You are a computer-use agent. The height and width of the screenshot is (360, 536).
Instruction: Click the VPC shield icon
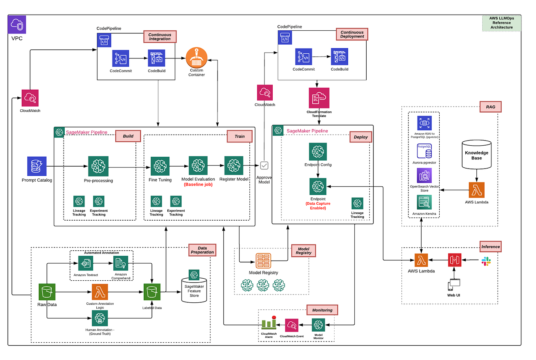[x=17, y=25]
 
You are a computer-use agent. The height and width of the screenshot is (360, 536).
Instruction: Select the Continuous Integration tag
[x=160, y=37]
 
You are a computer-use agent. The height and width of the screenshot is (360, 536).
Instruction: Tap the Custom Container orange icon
[x=196, y=58]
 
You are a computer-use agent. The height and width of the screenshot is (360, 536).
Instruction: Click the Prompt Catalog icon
[x=37, y=166]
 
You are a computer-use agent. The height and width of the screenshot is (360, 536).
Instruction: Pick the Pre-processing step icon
[x=98, y=166]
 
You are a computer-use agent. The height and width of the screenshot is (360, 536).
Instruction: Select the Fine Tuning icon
[x=160, y=166]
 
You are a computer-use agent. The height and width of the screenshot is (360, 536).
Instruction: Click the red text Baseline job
[x=198, y=185]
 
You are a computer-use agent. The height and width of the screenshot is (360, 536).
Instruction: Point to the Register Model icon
[x=234, y=166]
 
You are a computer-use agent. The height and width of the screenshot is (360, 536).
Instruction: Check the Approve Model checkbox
[x=264, y=165]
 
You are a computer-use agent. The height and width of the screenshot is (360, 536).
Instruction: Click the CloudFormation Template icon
[x=319, y=98]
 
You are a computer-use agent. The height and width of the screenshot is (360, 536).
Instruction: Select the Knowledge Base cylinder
[x=476, y=155]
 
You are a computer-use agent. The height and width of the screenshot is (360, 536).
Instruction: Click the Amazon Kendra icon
[x=424, y=202]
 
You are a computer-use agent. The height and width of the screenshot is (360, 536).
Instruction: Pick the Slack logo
[x=486, y=261]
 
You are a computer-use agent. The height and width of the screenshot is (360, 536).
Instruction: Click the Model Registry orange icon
[x=263, y=261]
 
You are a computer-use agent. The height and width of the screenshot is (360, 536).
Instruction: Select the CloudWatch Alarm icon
[x=269, y=324]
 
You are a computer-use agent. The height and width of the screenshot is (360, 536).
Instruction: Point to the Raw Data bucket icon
[x=47, y=292]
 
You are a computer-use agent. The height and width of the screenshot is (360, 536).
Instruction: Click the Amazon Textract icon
[x=85, y=263]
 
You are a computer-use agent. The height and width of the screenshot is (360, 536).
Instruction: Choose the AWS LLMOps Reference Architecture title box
[x=501, y=23]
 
